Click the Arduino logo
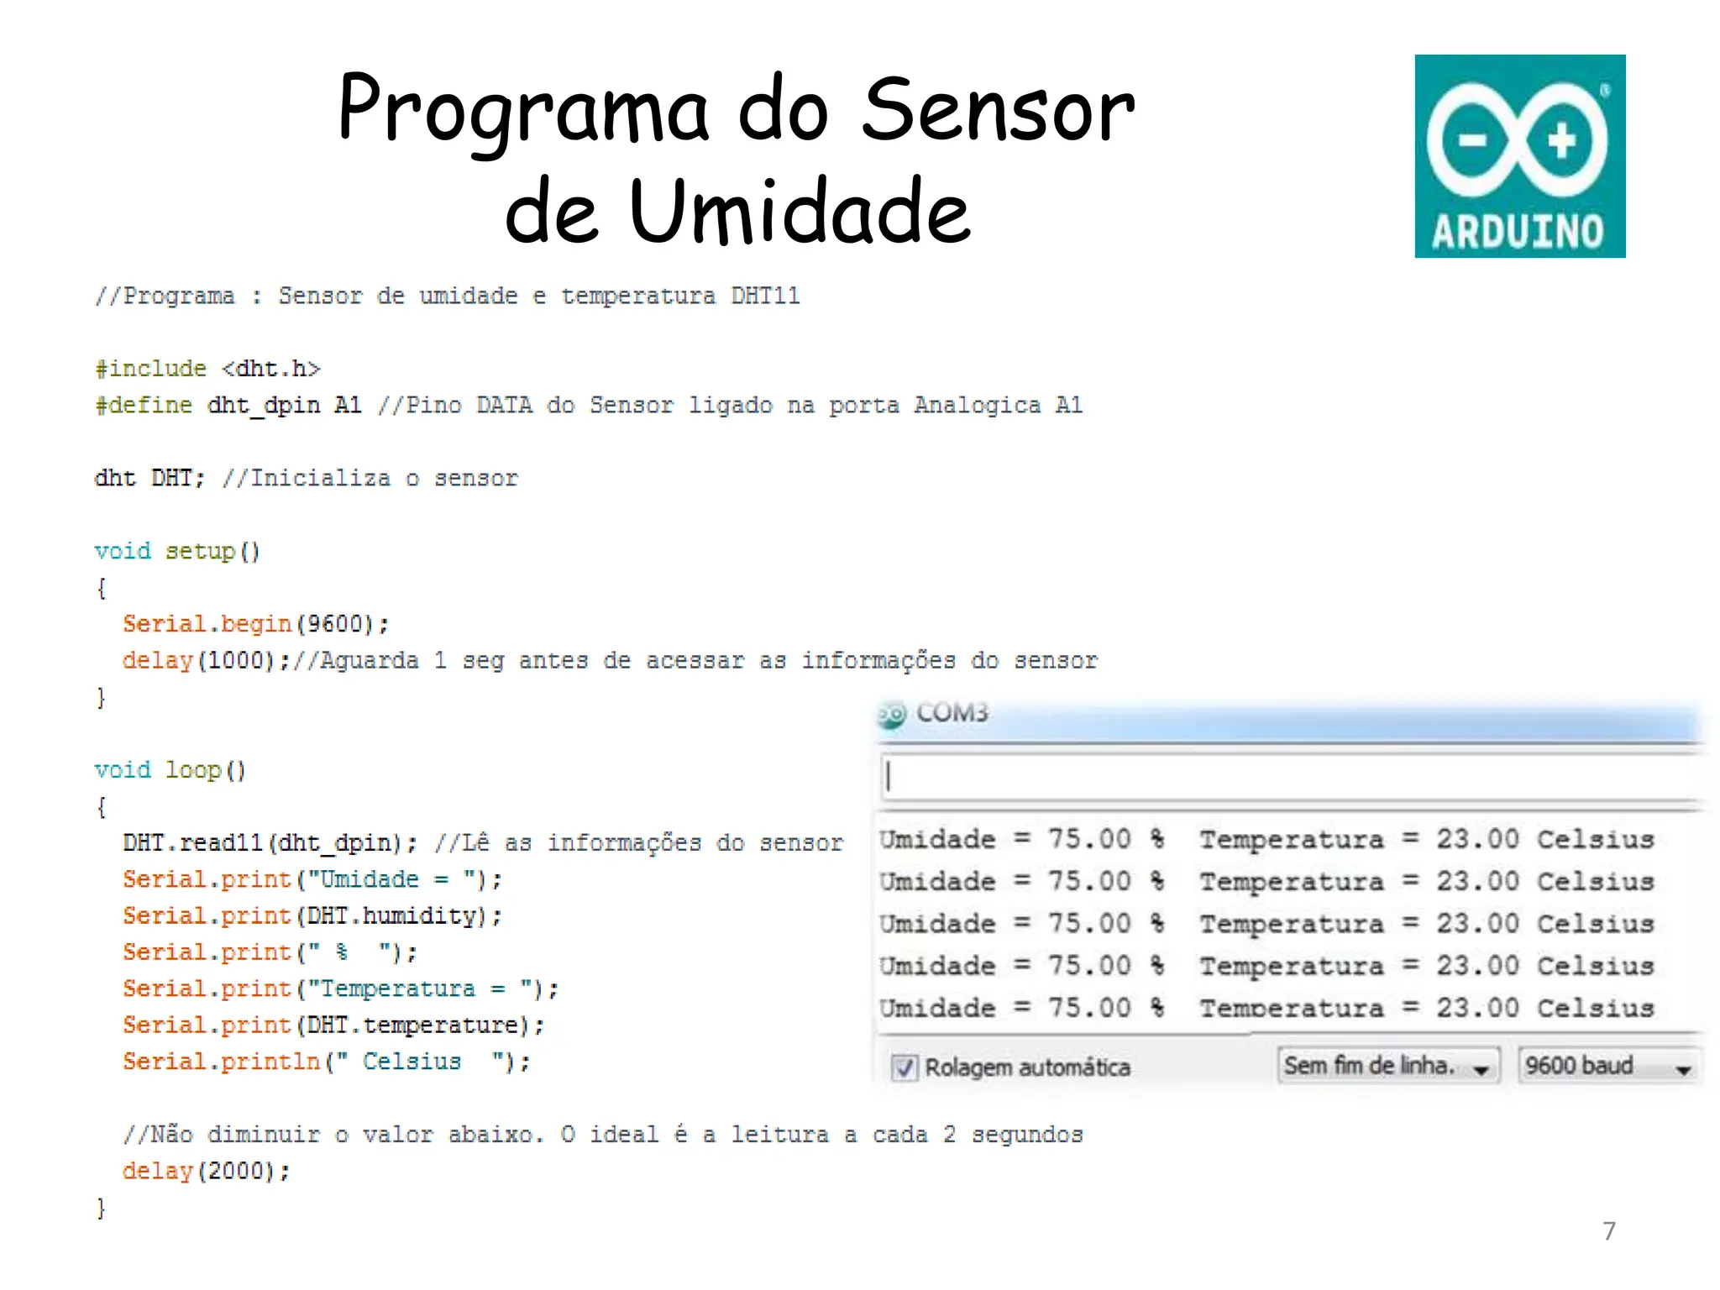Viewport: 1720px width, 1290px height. [x=1519, y=156]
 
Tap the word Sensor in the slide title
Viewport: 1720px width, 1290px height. [x=998, y=111]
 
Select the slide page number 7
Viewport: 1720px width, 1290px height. [x=1608, y=1231]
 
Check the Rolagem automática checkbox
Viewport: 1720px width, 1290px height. [x=904, y=1067]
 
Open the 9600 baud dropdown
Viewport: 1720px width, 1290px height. [x=1607, y=1067]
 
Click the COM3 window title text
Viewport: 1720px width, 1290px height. [x=952, y=713]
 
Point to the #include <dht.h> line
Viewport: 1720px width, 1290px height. [x=207, y=369]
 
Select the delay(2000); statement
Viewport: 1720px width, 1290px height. [x=206, y=1171]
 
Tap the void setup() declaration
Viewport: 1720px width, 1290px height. [x=177, y=552]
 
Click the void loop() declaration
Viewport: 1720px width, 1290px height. [x=170, y=770]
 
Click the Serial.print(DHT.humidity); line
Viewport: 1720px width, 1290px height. [x=312, y=916]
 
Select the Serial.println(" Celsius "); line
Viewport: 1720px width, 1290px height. [x=326, y=1062]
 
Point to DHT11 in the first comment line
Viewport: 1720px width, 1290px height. [x=765, y=296]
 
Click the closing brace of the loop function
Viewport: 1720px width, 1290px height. [x=101, y=1208]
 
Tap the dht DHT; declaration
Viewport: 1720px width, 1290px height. [x=149, y=479]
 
